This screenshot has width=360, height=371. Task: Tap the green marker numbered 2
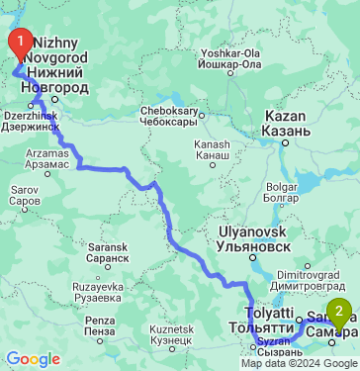[340, 315]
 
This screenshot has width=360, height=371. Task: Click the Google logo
[33, 358]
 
